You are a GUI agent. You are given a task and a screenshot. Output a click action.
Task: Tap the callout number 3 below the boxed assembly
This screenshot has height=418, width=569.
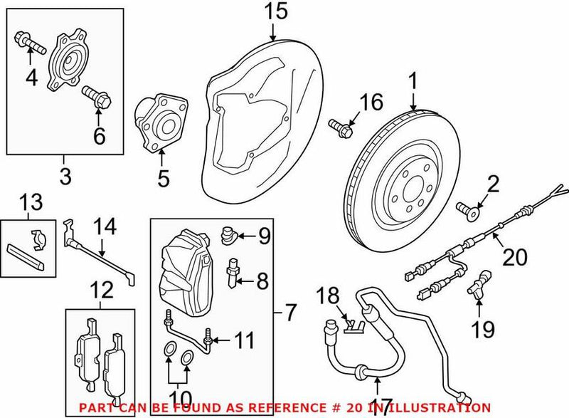click(x=65, y=175)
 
